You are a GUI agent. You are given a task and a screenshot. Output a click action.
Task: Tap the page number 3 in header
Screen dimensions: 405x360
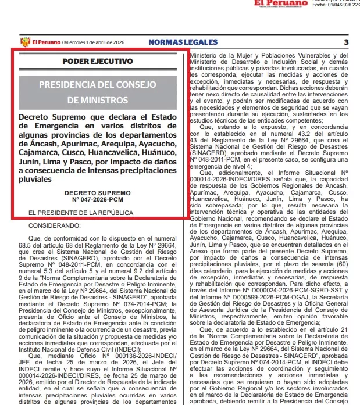tap(345, 42)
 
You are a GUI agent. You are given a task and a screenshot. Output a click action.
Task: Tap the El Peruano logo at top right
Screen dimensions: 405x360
tap(280, 3)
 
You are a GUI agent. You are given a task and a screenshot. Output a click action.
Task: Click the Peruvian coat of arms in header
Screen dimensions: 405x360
tap(25, 42)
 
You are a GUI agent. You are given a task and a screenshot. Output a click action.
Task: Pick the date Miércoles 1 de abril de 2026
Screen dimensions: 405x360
tap(95, 42)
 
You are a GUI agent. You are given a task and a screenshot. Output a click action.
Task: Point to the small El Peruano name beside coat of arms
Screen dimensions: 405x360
tap(47, 42)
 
